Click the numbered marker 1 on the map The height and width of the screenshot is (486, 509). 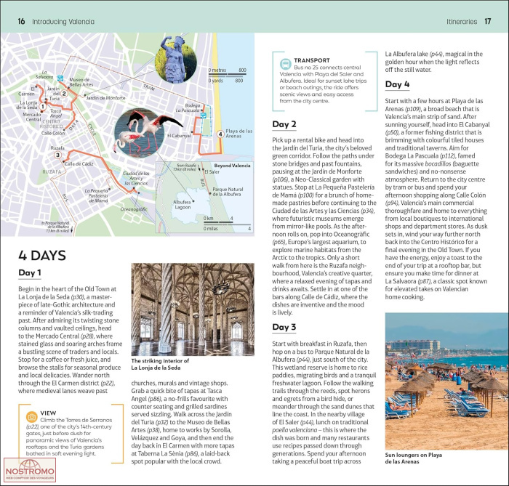click(44, 108)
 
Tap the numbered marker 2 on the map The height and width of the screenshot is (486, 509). click(64, 93)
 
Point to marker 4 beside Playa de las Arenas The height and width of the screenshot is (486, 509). click(220, 134)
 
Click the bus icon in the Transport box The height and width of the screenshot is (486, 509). click(282, 64)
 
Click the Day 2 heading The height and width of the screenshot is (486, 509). click(284, 123)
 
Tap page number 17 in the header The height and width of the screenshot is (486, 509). click(486, 21)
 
